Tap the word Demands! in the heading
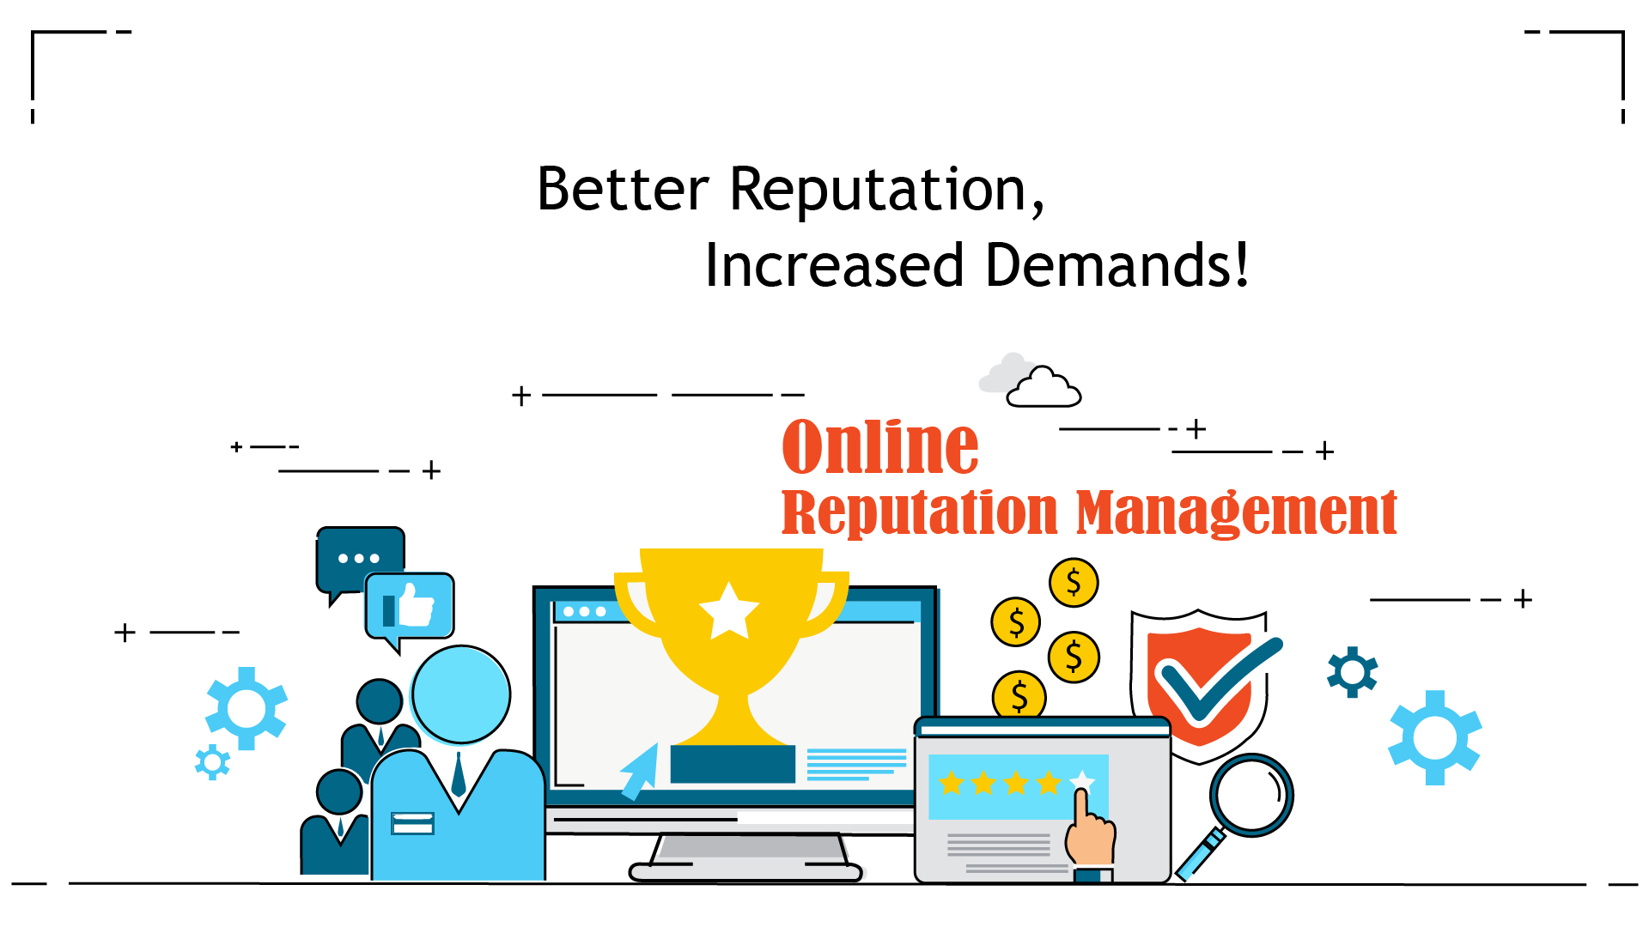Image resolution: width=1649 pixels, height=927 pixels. pyautogui.click(x=1117, y=264)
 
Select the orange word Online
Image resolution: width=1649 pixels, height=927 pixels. pyautogui.click(x=880, y=446)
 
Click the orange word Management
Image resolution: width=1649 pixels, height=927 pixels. pyautogui.click(x=1237, y=512)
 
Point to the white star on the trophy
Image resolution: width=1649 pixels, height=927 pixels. pyautogui.click(x=729, y=611)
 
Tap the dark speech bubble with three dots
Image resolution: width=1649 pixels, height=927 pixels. pyautogui.click(x=360, y=559)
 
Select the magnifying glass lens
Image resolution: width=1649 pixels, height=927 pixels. pyautogui.click(x=1251, y=795)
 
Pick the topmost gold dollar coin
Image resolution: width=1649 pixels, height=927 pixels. pyautogui.click(x=1074, y=583)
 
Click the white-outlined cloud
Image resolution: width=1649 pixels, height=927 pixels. pyautogui.click(x=1044, y=387)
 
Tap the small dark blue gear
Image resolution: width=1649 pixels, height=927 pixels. pyautogui.click(x=1353, y=672)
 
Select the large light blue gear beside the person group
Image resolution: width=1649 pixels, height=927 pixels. pyautogui.click(x=246, y=708)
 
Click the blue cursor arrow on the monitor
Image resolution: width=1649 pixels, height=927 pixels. pyautogui.click(x=639, y=772)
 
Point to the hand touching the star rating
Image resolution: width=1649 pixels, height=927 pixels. pyautogui.click(x=1090, y=830)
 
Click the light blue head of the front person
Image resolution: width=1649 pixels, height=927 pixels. pyautogui.click(x=461, y=694)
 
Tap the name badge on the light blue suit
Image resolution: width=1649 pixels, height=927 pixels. pyautogui.click(x=412, y=823)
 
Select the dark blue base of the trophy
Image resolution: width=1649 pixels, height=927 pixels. pyautogui.click(x=733, y=764)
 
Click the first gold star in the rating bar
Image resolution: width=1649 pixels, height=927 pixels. pyautogui.click(x=952, y=783)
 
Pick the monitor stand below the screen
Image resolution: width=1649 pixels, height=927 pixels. pyautogui.click(x=745, y=857)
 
